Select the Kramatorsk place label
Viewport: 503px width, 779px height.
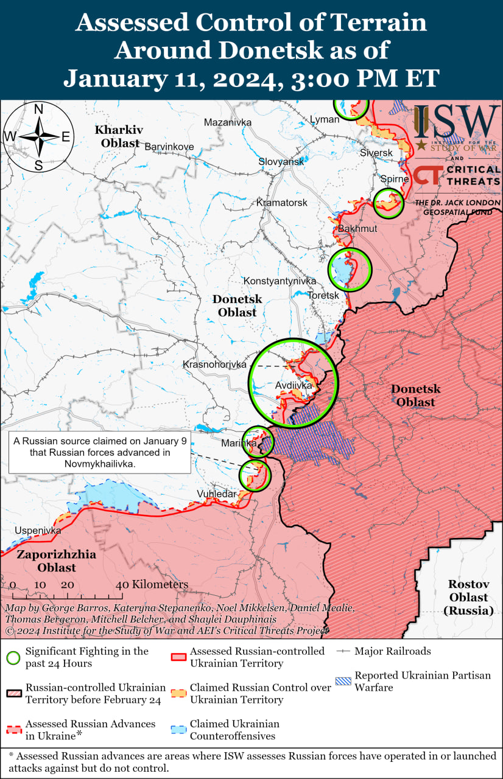point(282,202)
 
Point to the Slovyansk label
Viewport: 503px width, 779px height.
point(281,162)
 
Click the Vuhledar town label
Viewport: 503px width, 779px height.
point(216,494)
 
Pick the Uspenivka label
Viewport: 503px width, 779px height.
point(38,530)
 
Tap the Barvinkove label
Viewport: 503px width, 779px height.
point(169,147)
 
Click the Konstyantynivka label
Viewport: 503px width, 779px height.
point(280,281)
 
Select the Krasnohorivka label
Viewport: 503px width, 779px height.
point(214,365)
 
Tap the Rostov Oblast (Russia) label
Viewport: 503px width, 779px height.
point(469,597)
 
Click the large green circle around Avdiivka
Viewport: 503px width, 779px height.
point(293,382)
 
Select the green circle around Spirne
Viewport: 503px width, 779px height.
point(388,203)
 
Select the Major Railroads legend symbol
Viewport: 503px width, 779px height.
point(343,651)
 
